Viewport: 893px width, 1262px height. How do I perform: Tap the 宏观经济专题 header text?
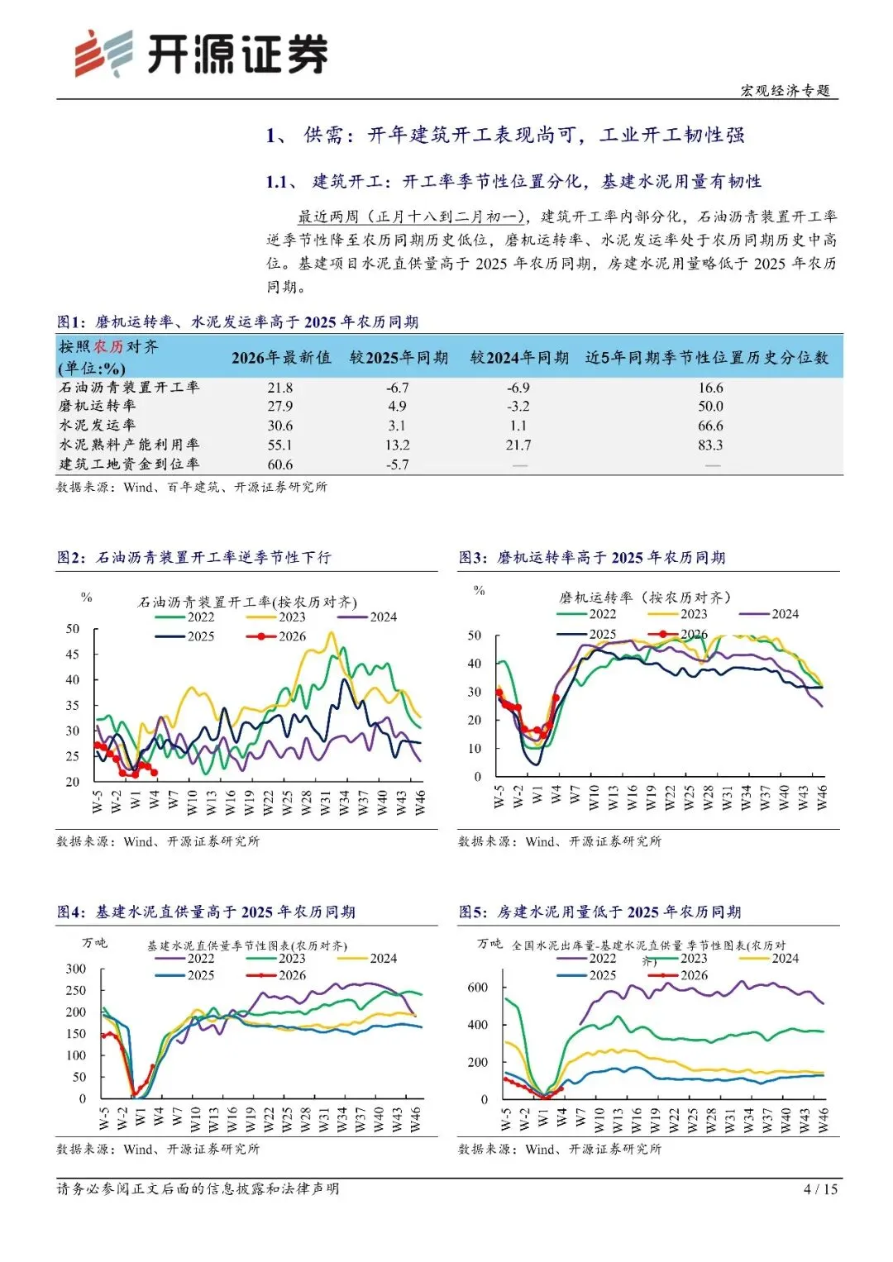point(785,90)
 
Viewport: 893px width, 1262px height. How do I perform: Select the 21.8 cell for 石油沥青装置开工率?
point(279,388)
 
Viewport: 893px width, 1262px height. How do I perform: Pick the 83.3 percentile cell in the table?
point(709,445)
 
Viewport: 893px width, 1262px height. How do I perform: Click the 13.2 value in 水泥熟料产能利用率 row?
point(397,445)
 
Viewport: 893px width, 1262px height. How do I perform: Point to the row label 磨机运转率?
point(97,406)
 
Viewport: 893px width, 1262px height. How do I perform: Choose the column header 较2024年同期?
point(519,358)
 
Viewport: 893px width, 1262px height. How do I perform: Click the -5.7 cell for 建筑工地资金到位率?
point(397,464)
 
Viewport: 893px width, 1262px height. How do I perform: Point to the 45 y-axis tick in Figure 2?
point(73,655)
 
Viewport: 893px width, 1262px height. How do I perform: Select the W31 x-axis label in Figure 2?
point(325,802)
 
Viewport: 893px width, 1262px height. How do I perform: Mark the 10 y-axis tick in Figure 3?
point(475,749)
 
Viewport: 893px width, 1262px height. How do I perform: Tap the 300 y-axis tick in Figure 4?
point(76,969)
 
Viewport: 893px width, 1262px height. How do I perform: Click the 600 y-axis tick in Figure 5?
point(478,988)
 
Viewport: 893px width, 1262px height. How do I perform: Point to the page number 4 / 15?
point(820,1189)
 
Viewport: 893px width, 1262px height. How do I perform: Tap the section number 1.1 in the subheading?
point(277,182)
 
